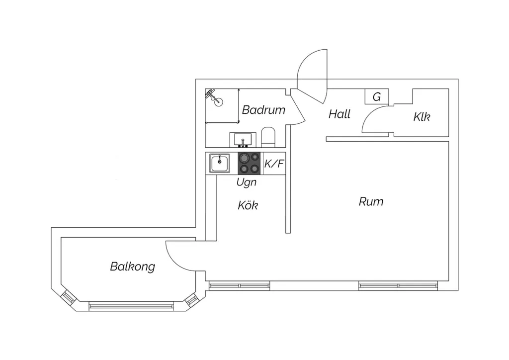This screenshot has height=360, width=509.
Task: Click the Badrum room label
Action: (263, 110)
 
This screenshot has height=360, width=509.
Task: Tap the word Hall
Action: (339, 114)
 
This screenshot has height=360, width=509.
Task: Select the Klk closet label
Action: (422, 116)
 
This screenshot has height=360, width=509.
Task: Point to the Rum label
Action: (371, 201)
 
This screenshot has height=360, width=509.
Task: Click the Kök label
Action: (248, 205)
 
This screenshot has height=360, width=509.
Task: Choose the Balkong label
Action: (132, 267)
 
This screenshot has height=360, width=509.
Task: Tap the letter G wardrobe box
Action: (377, 97)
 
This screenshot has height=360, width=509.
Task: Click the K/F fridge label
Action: (274, 163)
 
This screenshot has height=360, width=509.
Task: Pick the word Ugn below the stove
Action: (247, 182)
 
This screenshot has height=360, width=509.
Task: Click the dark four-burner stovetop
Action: (249, 163)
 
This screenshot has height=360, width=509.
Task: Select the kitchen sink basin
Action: (219, 163)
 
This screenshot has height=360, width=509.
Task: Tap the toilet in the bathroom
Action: (268, 137)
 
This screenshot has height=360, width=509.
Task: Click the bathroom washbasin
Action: (243, 140)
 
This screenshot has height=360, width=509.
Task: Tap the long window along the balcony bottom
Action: (131, 306)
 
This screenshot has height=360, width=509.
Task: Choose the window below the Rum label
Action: (398, 286)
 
